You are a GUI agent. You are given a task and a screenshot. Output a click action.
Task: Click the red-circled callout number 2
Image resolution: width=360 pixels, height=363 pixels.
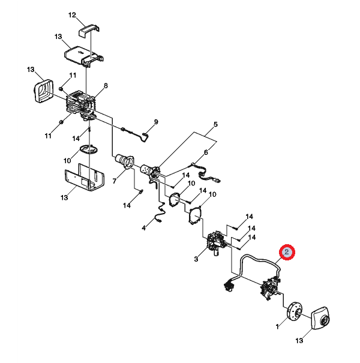click(287, 252)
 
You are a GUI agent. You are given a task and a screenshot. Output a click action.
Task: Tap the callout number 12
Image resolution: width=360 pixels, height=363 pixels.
click(72, 15)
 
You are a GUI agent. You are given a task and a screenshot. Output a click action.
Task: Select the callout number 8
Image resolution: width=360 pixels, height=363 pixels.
click(106, 86)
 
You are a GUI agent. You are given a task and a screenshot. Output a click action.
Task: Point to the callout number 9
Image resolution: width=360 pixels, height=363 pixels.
click(156, 122)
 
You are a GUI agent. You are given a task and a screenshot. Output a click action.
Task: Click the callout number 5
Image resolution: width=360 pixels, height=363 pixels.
click(215, 125)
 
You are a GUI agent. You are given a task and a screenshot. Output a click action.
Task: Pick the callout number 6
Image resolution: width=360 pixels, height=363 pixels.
click(206, 152)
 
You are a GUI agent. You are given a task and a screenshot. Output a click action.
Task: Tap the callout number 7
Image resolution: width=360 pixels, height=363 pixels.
click(115, 181)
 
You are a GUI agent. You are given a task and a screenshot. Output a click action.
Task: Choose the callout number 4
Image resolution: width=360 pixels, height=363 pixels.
click(144, 228)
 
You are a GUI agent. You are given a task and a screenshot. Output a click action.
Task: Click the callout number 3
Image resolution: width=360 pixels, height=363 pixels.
click(196, 259)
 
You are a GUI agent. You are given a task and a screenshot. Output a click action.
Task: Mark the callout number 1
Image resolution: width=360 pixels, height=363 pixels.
click(277, 326)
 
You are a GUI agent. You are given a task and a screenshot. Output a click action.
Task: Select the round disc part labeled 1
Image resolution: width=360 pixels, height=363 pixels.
click(295, 311)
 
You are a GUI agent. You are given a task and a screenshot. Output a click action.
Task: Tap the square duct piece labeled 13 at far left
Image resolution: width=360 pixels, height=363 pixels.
click(44, 91)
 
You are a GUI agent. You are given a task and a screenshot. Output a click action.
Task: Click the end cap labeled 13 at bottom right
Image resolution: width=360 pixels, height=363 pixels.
click(320, 318)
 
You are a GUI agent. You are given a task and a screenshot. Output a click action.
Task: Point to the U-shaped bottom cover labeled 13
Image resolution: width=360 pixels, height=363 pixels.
click(84, 178)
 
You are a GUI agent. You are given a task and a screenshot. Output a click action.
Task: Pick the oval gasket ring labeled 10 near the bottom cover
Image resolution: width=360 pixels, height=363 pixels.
click(89, 149)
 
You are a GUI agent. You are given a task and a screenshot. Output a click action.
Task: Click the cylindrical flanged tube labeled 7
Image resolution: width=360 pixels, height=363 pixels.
click(125, 160)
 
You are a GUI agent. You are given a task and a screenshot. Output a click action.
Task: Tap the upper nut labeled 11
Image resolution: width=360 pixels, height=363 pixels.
click(61, 89)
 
